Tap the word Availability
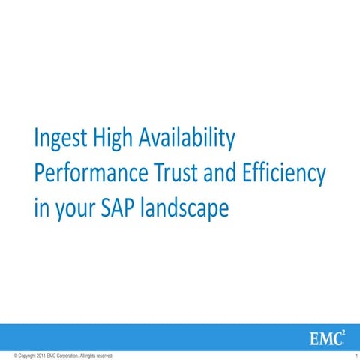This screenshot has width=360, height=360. click(190, 139)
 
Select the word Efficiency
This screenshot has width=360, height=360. click(284, 175)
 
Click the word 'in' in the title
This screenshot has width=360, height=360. click(41, 208)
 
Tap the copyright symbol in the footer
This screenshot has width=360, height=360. click(5, 355)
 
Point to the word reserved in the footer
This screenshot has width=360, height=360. click(105, 355)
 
